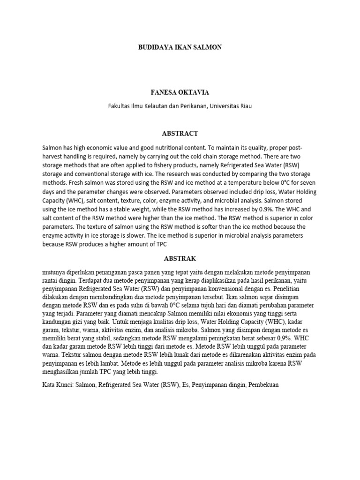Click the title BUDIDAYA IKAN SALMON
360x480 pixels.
180,47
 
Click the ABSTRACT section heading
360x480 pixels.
180,133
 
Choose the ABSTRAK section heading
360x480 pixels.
180,259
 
